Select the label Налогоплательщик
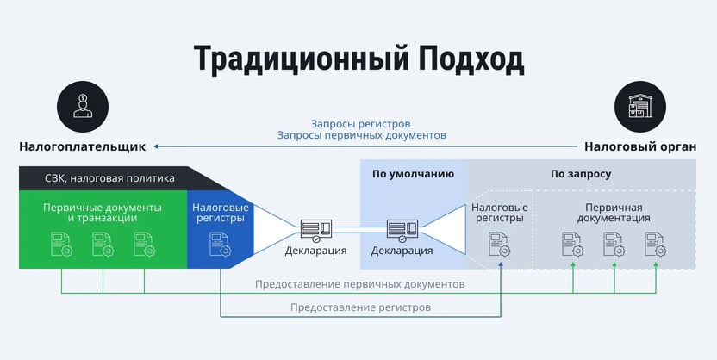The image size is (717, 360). tap(82, 146)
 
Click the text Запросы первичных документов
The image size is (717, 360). tap(362, 135)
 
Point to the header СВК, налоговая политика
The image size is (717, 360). tap(109, 178)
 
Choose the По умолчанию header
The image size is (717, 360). tap(413, 173)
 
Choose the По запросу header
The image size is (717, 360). tap(581, 173)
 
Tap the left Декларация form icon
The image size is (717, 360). tap(315, 230)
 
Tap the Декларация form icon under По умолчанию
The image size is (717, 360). tap(402, 230)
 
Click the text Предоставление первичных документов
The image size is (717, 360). tap(360, 284)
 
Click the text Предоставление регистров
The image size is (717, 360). tap(360, 307)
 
